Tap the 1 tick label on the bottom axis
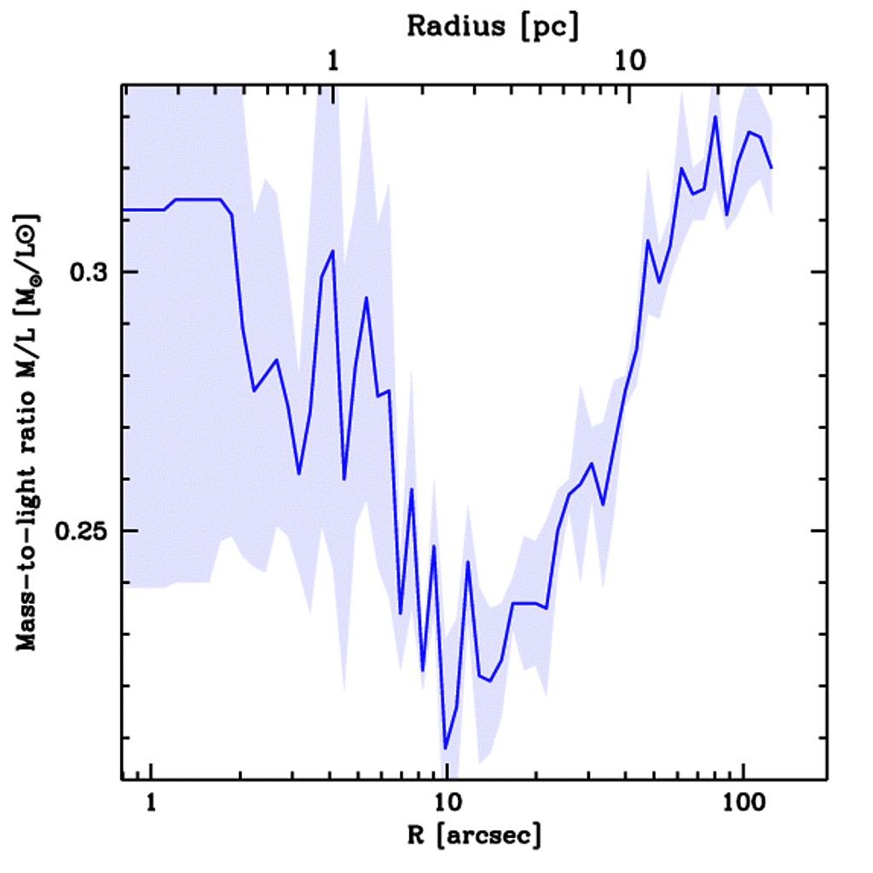(151, 804)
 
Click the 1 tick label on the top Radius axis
(333, 61)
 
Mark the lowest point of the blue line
(445, 749)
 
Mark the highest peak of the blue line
(715, 117)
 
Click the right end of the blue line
(772, 168)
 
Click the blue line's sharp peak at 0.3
(332, 251)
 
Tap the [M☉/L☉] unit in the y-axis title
(32, 255)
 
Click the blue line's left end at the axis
(124, 210)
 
